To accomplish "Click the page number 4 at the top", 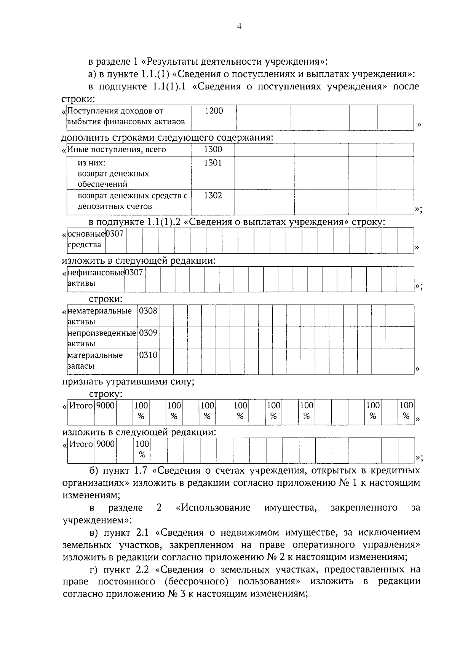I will (x=239, y=26).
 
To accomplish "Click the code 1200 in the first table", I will (x=214, y=111).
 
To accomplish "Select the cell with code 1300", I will (x=213, y=150).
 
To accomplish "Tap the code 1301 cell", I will (x=213, y=163).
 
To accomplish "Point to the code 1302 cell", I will (x=213, y=196).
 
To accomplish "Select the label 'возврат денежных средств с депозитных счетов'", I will (x=133, y=201).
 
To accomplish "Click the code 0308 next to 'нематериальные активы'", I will (x=148, y=311).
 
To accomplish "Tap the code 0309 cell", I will (x=148, y=333).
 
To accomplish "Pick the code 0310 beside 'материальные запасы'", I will (x=148, y=355).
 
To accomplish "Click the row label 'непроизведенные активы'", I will (x=102, y=338).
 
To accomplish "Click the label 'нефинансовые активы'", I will (x=96, y=278).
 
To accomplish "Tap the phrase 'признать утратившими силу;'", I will (x=128, y=382).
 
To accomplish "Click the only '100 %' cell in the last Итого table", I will (x=142, y=449).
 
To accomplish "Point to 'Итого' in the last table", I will (x=81, y=444).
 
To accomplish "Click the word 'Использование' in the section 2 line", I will (x=216, y=508).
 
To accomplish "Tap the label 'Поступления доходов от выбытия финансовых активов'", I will (x=126, y=116).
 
